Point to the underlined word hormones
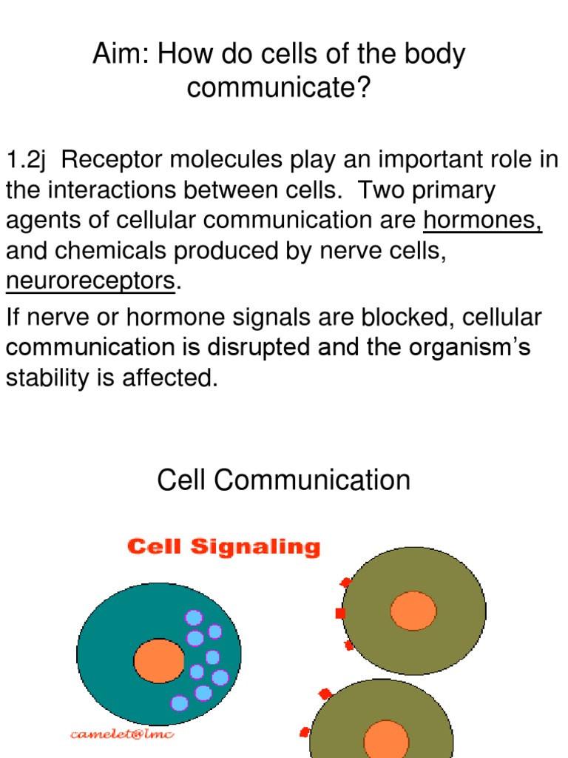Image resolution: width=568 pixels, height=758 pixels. click(x=483, y=221)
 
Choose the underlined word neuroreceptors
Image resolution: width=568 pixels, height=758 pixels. click(x=91, y=282)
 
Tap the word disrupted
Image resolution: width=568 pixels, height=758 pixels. click(x=278, y=348)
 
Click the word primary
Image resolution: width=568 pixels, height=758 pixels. click(x=454, y=191)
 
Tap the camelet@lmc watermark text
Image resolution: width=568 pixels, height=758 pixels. click(x=122, y=734)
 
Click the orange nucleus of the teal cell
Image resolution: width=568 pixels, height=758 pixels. click(x=159, y=660)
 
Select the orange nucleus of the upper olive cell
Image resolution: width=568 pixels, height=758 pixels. click(x=413, y=611)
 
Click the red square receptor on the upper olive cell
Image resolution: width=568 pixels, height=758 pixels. click(x=340, y=613)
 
